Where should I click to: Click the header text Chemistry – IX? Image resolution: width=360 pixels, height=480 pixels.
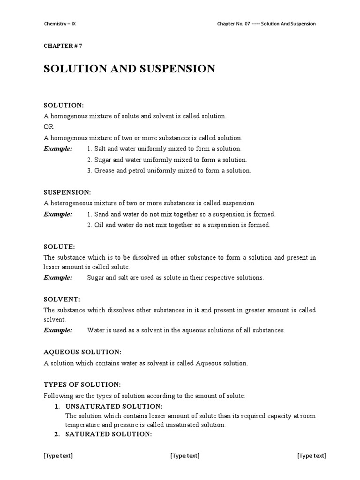[x=60, y=24]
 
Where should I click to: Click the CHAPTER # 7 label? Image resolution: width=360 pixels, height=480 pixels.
[x=63, y=45]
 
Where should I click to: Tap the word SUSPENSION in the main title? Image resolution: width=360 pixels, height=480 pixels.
[x=178, y=69]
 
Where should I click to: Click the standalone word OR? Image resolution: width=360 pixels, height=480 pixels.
[x=49, y=127]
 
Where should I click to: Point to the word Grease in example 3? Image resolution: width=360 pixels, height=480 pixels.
[x=105, y=171]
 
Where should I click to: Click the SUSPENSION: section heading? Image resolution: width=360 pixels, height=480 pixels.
[x=67, y=192]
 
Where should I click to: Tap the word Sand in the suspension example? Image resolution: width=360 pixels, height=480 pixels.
[x=102, y=214]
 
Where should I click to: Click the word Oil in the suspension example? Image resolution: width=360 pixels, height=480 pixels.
[x=99, y=225]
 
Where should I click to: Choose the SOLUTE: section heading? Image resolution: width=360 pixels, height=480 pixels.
[x=59, y=247]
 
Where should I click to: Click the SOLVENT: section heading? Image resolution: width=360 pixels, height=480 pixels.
[x=62, y=299]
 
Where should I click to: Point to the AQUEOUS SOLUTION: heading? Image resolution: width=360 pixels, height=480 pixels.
[x=82, y=352]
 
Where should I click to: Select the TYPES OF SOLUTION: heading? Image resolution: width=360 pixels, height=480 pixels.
[x=82, y=384]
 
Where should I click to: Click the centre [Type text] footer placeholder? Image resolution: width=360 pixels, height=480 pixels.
[x=185, y=456]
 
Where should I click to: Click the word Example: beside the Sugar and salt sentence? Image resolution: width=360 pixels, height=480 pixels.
[x=58, y=277]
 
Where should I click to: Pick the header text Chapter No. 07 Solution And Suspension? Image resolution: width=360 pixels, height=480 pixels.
[x=266, y=24]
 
